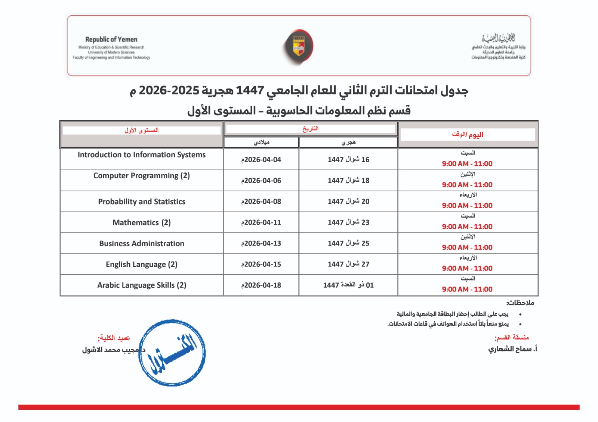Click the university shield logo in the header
(x=298, y=47)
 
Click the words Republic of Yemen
(x=111, y=39)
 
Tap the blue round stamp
(x=172, y=353)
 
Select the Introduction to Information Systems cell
(x=142, y=155)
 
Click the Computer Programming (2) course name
(x=142, y=176)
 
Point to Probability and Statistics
(x=142, y=201)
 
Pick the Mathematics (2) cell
(x=142, y=223)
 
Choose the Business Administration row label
(x=142, y=244)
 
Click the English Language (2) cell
(x=142, y=265)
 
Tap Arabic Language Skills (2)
(x=142, y=285)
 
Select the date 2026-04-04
(x=261, y=160)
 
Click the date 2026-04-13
(x=261, y=243)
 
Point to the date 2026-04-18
(x=261, y=285)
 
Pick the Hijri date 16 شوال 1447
(x=348, y=160)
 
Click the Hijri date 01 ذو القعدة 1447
(x=348, y=285)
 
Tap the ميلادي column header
(x=261, y=142)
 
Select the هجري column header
(x=348, y=142)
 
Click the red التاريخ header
(x=310, y=129)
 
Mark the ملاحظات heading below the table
(x=520, y=303)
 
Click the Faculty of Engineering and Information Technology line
(x=111, y=57)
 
